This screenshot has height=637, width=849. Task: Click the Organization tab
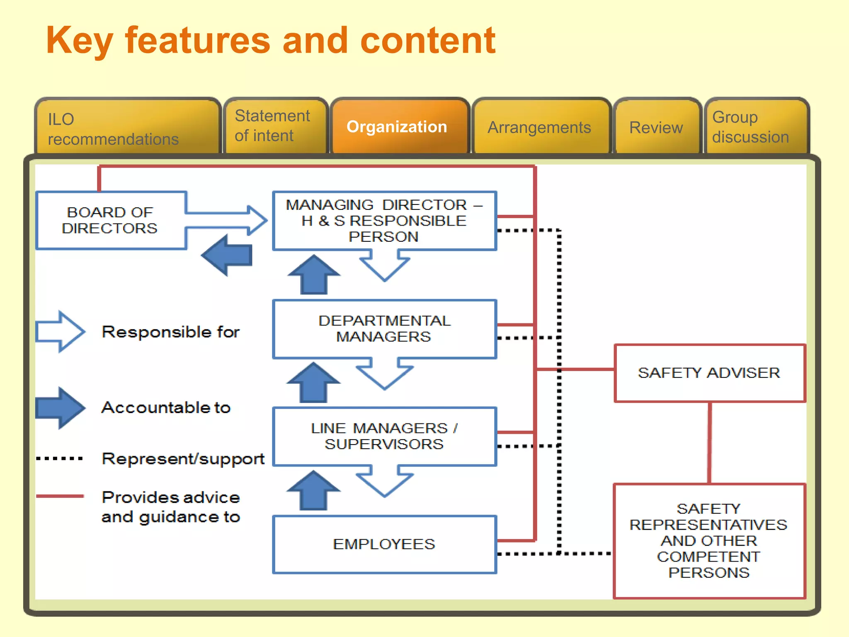coord(397,127)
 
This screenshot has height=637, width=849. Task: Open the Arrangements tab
coord(539,128)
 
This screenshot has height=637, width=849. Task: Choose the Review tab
coord(656,128)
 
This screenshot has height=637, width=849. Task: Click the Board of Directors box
coord(110,220)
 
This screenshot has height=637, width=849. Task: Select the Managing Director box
coord(384,221)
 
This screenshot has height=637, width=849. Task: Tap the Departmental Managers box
coord(384,328)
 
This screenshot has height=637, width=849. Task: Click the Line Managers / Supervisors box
coord(384,436)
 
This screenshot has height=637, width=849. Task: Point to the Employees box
coord(384,544)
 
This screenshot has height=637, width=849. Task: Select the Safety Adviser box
coord(709,373)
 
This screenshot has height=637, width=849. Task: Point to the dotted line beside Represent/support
coord(60,459)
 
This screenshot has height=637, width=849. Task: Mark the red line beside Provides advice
coord(60,496)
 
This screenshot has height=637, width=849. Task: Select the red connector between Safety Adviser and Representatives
coord(710,442)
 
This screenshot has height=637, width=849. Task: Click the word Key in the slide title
coord(79,41)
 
